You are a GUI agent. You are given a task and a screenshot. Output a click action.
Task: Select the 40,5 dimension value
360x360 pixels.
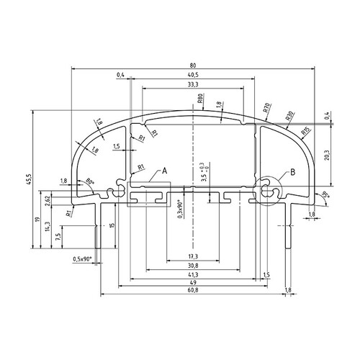(x=193, y=75)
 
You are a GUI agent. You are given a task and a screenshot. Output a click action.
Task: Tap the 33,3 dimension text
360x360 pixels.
(x=193, y=85)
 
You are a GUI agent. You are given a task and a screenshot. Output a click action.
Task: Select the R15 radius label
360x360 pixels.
(x=305, y=131)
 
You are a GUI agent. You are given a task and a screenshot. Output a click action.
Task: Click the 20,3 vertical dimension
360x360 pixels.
(x=327, y=155)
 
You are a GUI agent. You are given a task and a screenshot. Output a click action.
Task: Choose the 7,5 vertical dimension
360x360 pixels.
(x=58, y=235)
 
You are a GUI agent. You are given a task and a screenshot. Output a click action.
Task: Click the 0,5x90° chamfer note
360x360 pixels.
(x=84, y=258)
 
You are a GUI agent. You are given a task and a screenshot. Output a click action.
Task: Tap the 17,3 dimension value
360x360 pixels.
(x=193, y=256)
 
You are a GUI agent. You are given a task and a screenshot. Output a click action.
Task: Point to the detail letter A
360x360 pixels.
(x=165, y=171)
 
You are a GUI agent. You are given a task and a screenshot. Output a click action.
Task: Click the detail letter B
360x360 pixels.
(x=292, y=171)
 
